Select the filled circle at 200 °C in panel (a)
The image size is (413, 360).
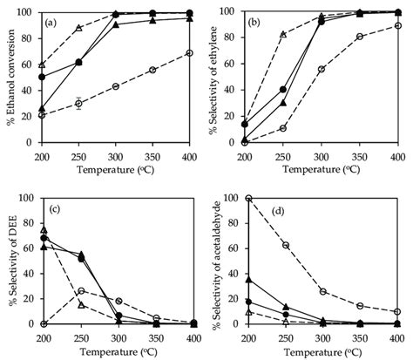point(42,77)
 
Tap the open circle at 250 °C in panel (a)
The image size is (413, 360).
point(78,103)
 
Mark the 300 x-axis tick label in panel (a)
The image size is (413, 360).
point(115,152)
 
